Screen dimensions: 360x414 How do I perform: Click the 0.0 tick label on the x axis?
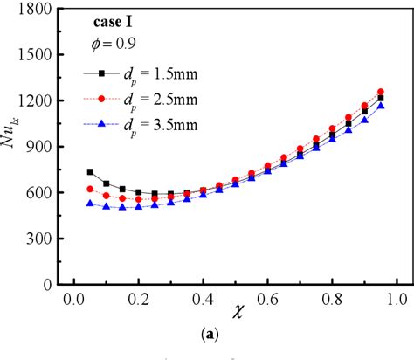pos(73,300)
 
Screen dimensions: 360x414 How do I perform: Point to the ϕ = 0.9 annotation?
pos(113,42)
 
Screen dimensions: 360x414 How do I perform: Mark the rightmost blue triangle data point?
pos(381,106)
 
